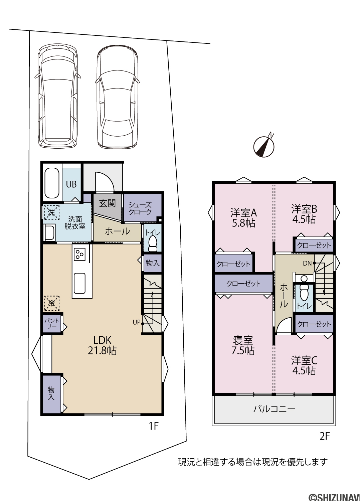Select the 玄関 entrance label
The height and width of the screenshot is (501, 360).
tap(107, 203)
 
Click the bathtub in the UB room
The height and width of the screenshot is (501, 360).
tap(52, 183)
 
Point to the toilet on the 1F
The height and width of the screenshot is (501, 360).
tap(153, 243)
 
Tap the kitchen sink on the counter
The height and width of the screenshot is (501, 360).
tap(79, 283)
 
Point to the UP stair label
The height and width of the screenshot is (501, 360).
tap(137, 322)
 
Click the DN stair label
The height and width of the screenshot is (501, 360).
tap(307, 264)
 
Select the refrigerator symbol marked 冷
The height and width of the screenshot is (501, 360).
tap(52, 304)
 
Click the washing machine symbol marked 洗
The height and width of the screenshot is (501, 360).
tap(52, 212)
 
